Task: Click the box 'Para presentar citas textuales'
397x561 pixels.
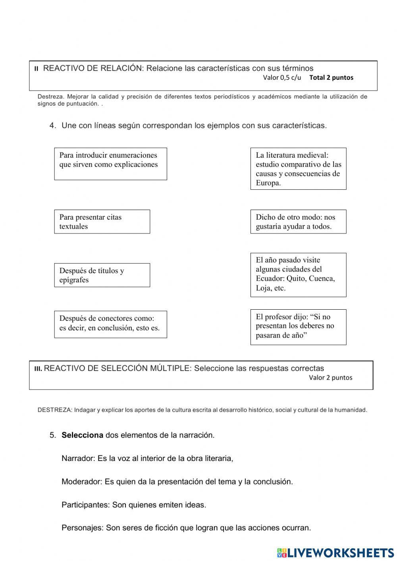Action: pyautogui.click(x=102, y=222)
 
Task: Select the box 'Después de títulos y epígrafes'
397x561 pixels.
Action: pyautogui.click(x=102, y=275)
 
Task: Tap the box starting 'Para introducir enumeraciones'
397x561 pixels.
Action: pyautogui.click(x=110, y=164)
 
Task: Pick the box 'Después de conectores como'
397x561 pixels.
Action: pyautogui.click(x=110, y=324)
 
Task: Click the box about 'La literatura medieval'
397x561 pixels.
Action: pyautogui.click(x=298, y=169)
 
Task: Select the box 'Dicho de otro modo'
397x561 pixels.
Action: pyautogui.click(x=298, y=222)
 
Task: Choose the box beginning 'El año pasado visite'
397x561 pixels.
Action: pyautogui.click(x=298, y=275)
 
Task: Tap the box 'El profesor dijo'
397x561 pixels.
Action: pyautogui.click(x=298, y=327)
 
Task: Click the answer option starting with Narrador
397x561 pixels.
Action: pyautogui.click(x=147, y=459)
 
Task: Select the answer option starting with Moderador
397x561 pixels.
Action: pyautogui.click(x=177, y=482)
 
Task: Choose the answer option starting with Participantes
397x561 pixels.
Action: pyautogui.click(x=134, y=505)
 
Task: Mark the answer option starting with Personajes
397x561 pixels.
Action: pyautogui.click(x=186, y=528)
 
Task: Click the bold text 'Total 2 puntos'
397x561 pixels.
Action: pyautogui.click(x=331, y=78)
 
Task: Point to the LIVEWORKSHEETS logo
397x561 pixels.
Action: pyautogui.click(x=335, y=552)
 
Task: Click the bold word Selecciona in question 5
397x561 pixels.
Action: pyautogui.click(x=82, y=435)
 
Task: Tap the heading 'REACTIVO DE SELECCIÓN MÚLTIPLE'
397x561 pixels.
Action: pyautogui.click(x=118, y=368)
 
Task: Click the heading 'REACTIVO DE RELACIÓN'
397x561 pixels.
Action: pyautogui.click(x=92, y=68)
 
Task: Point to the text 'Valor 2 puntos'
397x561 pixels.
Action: pyautogui.click(x=330, y=378)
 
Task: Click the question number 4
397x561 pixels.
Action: pyautogui.click(x=52, y=126)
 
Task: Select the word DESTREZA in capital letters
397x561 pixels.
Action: pyautogui.click(x=54, y=410)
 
